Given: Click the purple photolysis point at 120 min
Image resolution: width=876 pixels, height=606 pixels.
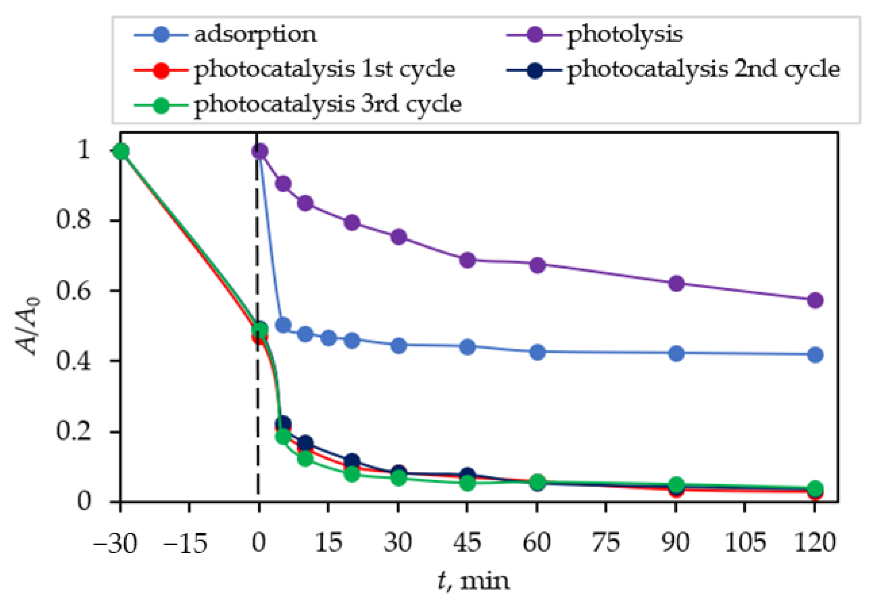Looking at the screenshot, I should pos(815,300).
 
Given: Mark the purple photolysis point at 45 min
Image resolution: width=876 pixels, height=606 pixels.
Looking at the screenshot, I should pos(467,260).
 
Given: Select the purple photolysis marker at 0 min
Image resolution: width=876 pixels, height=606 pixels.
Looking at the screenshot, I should pos(259,151).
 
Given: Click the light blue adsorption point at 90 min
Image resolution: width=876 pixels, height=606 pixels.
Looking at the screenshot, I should pos(676,354).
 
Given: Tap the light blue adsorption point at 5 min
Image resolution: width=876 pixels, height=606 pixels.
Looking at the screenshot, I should pos(283,325).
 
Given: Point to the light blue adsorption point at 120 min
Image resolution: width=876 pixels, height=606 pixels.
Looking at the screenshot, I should pos(815,355).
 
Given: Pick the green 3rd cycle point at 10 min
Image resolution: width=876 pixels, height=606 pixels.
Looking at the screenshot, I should pos(305,458).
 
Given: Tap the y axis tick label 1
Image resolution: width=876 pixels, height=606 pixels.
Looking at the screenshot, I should pos(83,151).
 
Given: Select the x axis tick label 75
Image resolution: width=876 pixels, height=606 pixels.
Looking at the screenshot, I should pos(606,542).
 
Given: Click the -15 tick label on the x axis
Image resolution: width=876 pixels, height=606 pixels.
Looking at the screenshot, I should pos(185,542).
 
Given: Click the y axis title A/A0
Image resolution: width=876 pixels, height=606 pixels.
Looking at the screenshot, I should pos(27,326).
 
